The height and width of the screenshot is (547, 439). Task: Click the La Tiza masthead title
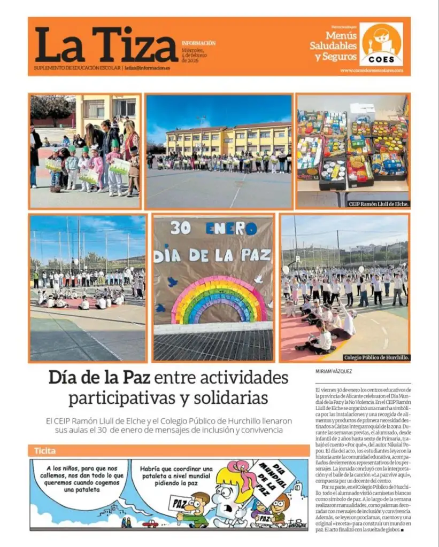pyautogui.click(x=106, y=45)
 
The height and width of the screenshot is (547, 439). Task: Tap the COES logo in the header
pyautogui.click(x=381, y=44)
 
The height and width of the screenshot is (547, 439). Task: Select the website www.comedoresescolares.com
pyautogui.click(x=371, y=70)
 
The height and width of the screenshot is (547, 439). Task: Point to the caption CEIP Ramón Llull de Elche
pyautogui.click(x=379, y=204)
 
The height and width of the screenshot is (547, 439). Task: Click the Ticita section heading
pyautogui.click(x=45, y=450)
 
